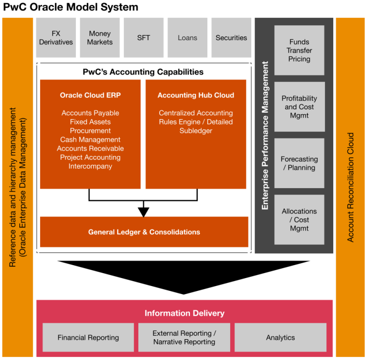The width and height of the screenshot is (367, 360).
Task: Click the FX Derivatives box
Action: tap(56, 38)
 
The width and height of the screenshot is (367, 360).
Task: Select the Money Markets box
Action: tap(100, 38)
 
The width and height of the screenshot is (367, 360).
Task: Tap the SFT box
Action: tap(143, 38)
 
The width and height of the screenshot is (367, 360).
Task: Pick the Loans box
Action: tap(187, 38)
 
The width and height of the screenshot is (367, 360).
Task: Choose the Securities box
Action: tap(231, 38)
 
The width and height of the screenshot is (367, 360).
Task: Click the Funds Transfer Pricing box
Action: tap(299, 51)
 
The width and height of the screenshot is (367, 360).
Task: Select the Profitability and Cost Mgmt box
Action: tap(299, 107)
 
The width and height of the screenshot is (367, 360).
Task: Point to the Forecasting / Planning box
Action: tap(299, 163)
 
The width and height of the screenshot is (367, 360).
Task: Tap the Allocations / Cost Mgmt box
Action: tap(299, 219)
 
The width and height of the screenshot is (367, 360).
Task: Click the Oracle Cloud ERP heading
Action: tap(90, 95)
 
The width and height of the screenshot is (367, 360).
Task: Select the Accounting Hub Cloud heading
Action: tap(196, 95)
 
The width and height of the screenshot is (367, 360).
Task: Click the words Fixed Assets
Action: tap(90, 122)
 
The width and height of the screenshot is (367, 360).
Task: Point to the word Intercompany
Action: tap(90, 166)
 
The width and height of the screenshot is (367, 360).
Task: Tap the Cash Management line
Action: tap(90, 140)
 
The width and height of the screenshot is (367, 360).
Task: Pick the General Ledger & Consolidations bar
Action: tap(144, 232)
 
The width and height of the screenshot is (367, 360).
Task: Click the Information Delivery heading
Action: tap(184, 313)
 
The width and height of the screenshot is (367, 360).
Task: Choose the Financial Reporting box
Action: tap(88, 338)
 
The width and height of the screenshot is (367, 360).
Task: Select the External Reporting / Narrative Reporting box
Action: tap(184, 338)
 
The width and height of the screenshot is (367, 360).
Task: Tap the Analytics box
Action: tap(280, 338)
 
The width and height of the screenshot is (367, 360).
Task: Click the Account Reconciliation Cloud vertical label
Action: tap(351, 187)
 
